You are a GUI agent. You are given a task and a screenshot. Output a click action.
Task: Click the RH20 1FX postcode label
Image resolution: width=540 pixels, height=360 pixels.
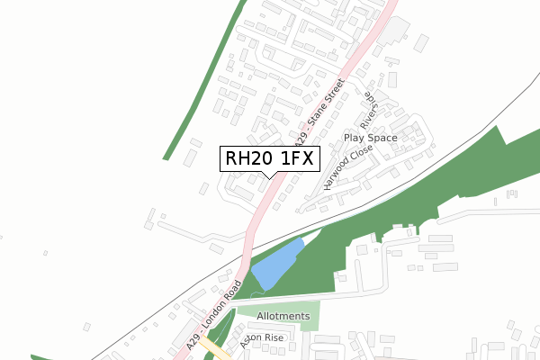tap(268, 159)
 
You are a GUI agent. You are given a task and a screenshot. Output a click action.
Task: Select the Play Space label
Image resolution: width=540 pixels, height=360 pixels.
tap(370, 138)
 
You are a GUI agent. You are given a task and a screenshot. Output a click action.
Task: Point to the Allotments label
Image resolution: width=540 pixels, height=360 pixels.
tap(283, 317)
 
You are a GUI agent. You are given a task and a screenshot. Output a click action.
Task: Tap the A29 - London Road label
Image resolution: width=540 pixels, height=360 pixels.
tap(215, 314)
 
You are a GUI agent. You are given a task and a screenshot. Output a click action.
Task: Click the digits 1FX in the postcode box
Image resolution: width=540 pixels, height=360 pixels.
tap(295, 159)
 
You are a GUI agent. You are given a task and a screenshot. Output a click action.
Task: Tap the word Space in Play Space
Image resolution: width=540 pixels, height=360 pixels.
tap(382, 138)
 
